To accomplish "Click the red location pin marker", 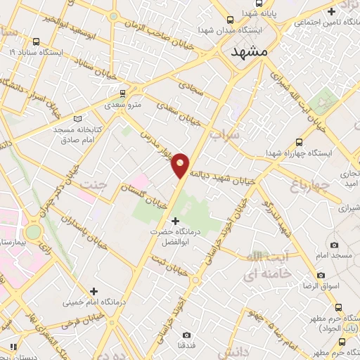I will click(181, 165).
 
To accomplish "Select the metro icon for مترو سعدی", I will click(123, 93).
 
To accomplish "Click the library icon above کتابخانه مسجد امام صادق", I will click(77, 119).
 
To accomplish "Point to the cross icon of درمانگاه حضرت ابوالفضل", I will click(175, 221).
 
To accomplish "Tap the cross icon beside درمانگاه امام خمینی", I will click(94, 290).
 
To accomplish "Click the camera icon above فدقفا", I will click(186, 335).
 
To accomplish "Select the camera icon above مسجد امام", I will click(334, 245).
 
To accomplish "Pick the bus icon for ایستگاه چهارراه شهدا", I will click(300, 141).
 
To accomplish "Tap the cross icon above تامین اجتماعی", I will click(332, 11).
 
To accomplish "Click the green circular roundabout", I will click(33, 232).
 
